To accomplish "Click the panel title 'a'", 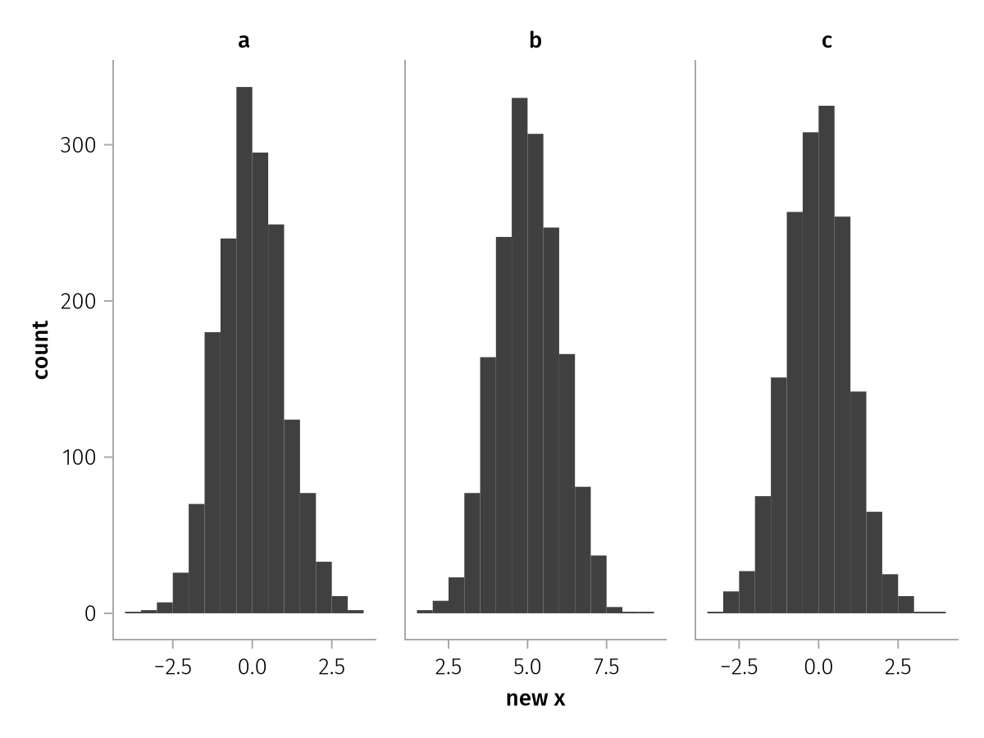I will click(244, 41).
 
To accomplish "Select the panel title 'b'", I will click(535, 41).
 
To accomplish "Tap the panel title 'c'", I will click(827, 41).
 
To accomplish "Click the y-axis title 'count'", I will click(41, 349).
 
